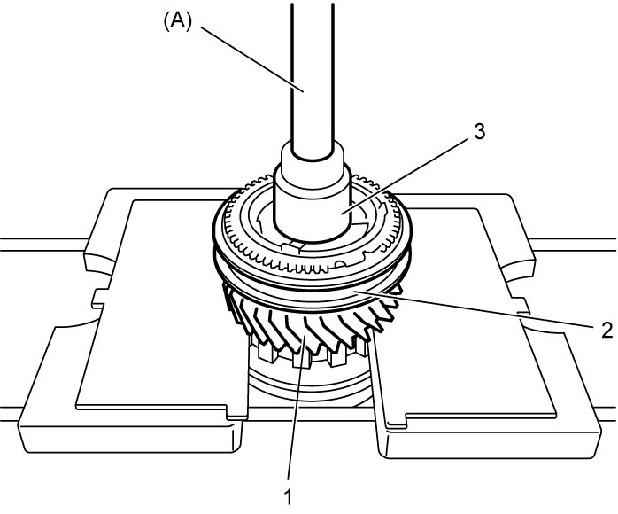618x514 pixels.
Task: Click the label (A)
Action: [x=177, y=22]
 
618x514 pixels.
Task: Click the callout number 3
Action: [x=479, y=132]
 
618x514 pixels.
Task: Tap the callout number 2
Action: [x=607, y=330]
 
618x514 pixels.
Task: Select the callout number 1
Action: [x=289, y=496]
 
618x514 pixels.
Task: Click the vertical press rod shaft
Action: [x=313, y=79]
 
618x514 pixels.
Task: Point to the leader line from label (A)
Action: [x=252, y=58]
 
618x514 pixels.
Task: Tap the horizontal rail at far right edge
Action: [x=574, y=245]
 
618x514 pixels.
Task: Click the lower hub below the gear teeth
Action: [x=309, y=385]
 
